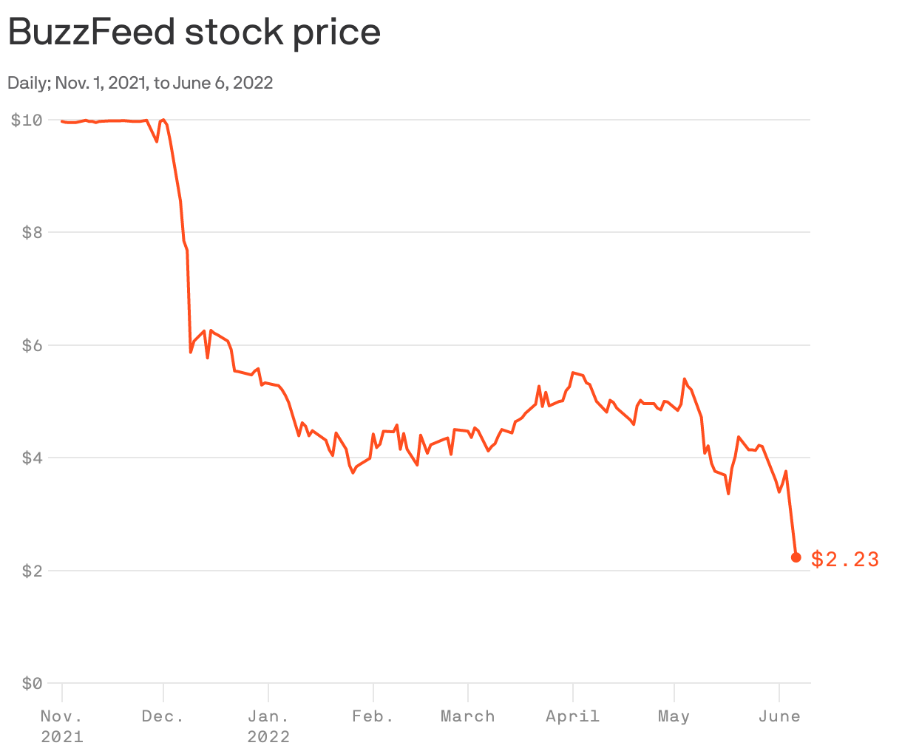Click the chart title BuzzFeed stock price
coord(194,33)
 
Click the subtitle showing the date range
coord(140,83)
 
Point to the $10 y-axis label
coord(26,120)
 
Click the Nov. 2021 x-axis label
coord(61,726)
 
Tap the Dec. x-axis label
coord(163,716)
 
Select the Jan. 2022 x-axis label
coord(268,726)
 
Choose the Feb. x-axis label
coord(373,716)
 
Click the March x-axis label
coord(467,716)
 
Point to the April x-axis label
coord(572,716)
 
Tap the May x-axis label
coord(674,716)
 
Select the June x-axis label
coord(779,716)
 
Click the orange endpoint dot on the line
coord(796,557)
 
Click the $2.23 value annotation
coord(845,560)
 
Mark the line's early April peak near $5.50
coord(573,373)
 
